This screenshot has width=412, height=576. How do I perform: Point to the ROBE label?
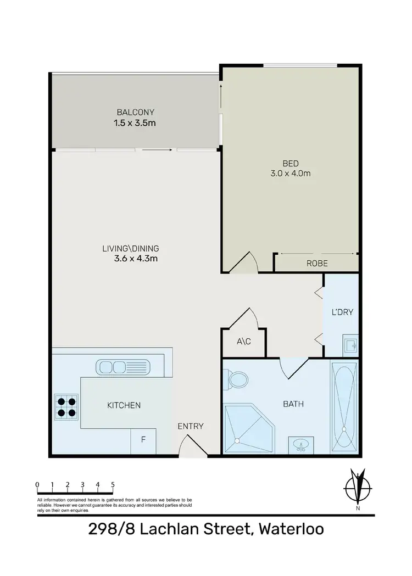pyautogui.click(x=317, y=264)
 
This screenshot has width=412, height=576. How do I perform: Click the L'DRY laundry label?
pyautogui.click(x=342, y=312)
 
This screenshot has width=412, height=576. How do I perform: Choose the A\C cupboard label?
pyautogui.click(x=243, y=342)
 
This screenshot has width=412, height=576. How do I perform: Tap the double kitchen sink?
pyautogui.click(x=122, y=366)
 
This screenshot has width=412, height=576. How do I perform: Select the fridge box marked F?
pyautogui.click(x=143, y=440)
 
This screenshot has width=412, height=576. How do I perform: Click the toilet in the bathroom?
pyautogui.click(x=237, y=378)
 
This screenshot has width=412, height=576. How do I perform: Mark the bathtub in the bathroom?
pyautogui.click(x=344, y=406)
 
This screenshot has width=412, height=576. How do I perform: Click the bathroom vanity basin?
pyautogui.click(x=300, y=444)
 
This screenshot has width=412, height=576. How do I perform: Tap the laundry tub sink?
pyautogui.click(x=350, y=344)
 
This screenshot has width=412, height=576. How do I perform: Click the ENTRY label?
pyautogui.click(x=191, y=426)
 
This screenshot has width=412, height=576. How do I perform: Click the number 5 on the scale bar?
pyautogui.click(x=113, y=484)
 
